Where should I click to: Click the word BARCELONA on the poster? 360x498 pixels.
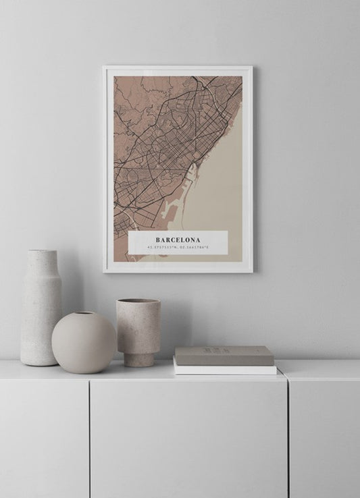pyautogui.click(x=178, y=240)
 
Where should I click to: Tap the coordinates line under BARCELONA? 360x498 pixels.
pyautogui.click(x=178, y=248)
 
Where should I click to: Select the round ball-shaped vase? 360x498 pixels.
pyautogui.click(x=84, y=342)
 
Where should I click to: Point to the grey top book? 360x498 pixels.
pyautogui.click(x=224, y=355)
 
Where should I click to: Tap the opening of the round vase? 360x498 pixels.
pyautogui.click(x=84, y=314)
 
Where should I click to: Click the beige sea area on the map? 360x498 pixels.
pyautogui.click(x=223, y=182)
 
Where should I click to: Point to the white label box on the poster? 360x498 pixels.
pyautogui.click(x=178, y=244)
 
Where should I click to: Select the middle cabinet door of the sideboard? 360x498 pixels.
pyautogui.click(x=188, y=439)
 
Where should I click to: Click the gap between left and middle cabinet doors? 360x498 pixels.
pyautogui.click(x=89, y=439)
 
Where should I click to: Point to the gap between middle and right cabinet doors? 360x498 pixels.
pyautogui.click(x=288, y=439)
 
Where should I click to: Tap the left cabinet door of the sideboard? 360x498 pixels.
pyautogui.click(x=44, y=439)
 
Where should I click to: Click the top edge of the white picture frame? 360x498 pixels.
pyautogui.click(x=178, y=67)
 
